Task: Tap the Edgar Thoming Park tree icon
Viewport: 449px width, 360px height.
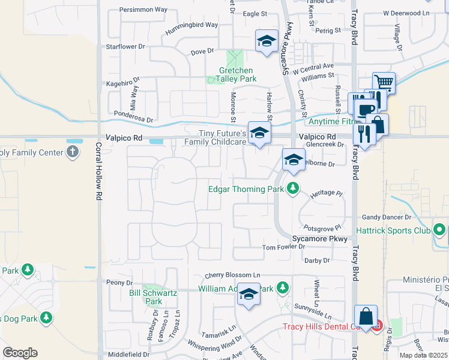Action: coord(293,188)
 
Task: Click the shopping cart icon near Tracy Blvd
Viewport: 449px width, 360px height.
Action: coord(384,83)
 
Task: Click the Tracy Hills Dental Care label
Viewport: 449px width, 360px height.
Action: coord(327,327)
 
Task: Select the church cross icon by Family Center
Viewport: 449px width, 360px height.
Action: coord(73,152)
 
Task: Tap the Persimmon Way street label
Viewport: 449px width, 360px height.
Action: coord(143,10)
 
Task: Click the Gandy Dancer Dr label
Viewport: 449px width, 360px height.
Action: coord(386,217)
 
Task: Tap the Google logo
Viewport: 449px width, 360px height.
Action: coord(20,353)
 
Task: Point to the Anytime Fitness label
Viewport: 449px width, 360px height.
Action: coord(330,121)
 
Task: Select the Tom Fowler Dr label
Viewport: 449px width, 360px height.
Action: coord(284,247)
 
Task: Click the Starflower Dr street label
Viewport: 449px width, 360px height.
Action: coord(125,46)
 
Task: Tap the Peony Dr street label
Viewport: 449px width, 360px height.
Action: coord(119,283)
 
